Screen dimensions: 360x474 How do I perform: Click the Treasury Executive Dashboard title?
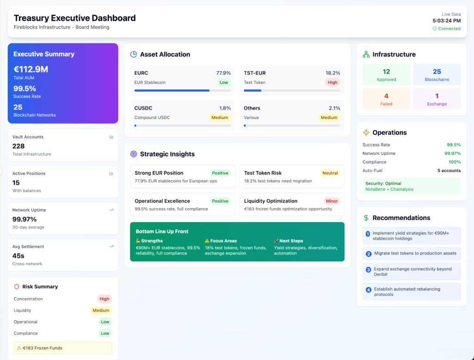tap(75, 18)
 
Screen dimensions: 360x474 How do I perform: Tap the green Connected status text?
tap(449, 29)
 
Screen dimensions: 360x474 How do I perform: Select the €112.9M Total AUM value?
tap(31, 69)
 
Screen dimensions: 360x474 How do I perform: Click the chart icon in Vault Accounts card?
tap(111, 137)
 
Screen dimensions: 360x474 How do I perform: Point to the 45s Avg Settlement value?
tap(19, 255)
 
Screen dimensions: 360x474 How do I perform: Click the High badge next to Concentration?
tap(104, 299)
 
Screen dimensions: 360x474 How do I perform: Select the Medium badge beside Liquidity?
tap(100, 310)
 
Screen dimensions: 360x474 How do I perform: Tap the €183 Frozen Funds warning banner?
tap(63, 348)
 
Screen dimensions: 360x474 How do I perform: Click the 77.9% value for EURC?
tap(223, 73)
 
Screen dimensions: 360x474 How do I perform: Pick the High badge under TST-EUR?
tap(332, 82)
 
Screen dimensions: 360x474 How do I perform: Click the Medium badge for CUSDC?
tap(219, 118)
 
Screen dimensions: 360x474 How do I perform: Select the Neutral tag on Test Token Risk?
tap(330, 173)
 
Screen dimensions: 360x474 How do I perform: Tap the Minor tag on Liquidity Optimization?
tap(332, 201)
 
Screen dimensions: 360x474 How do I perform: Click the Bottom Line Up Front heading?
tap(162, 231)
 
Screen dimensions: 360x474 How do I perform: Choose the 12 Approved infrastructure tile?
tap(386, 75)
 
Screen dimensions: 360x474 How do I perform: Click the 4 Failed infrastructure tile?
tap(386, 99)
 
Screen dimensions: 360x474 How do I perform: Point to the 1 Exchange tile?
tap(437, 99)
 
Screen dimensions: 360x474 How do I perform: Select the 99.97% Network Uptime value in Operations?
tap(452, 154)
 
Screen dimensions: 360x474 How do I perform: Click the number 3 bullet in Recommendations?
tap(368, 269)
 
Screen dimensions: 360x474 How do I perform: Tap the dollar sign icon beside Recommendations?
tap(366, 218)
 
